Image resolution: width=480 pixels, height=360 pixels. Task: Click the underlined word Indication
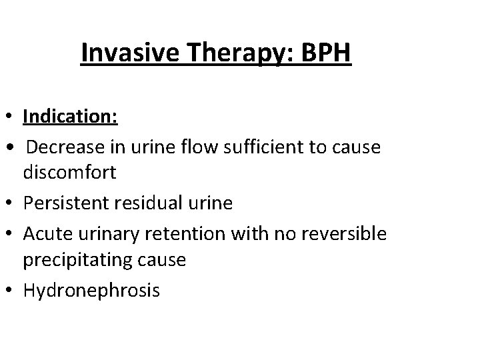71,117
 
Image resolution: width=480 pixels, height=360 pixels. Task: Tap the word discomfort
70,174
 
